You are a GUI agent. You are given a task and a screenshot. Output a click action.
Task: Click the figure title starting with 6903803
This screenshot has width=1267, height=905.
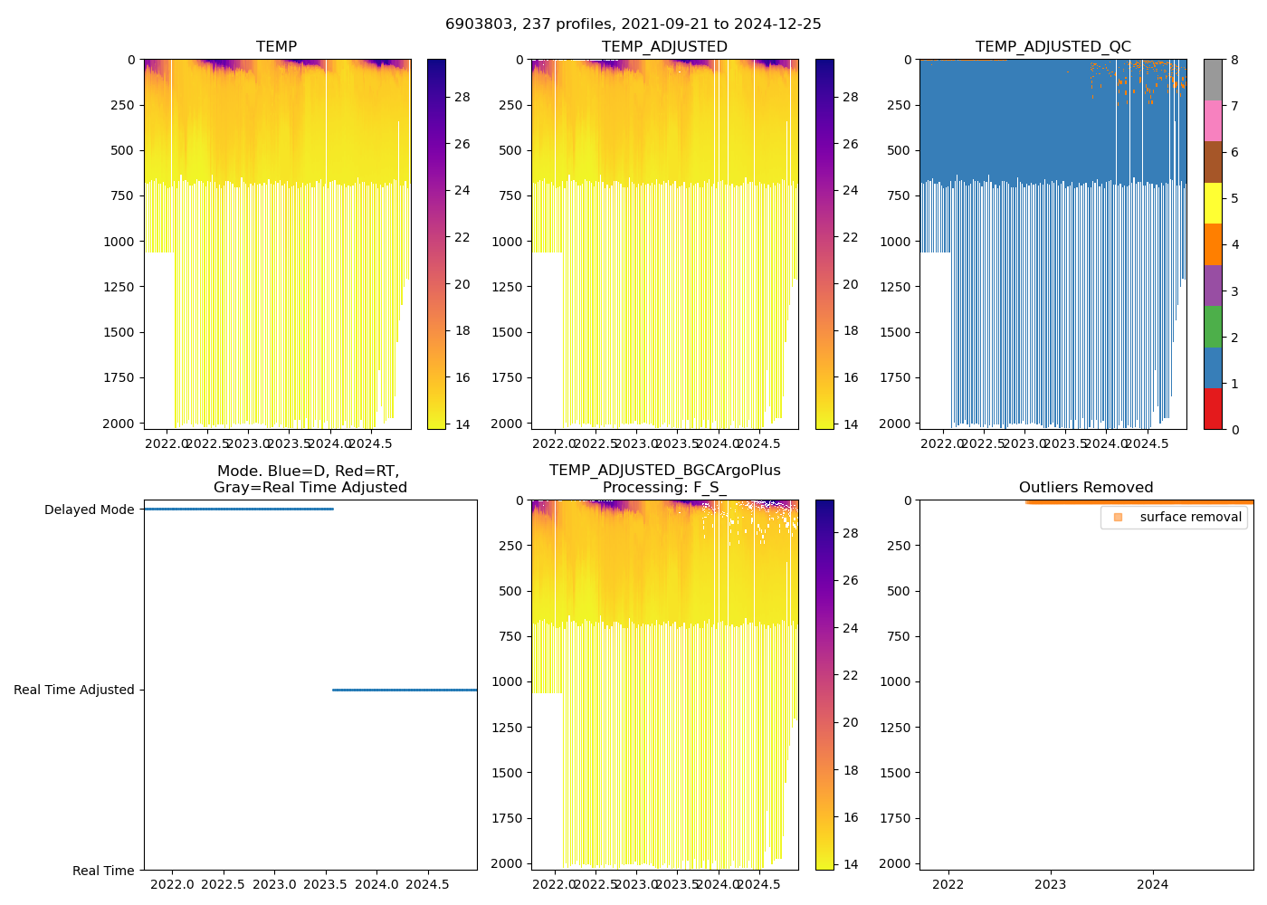[633, 24]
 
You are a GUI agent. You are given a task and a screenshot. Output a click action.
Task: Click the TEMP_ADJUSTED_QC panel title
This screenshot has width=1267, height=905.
[1053, 46]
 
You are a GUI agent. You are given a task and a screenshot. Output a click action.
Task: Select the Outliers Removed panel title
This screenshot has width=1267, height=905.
[1085, 487]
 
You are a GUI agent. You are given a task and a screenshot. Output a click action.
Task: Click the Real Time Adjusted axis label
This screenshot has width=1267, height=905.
[73, 690]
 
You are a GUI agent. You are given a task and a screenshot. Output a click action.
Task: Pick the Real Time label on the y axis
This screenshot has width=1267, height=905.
[103, 871]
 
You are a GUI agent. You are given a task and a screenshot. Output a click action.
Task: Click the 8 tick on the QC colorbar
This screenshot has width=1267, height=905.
[1234, 60]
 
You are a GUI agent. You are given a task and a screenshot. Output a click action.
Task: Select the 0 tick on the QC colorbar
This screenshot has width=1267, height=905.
[1234, 429]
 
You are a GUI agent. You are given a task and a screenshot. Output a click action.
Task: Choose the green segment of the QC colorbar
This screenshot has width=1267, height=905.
[1213, 327]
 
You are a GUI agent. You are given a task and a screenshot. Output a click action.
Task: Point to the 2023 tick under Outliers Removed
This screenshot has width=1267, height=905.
[1050, 883]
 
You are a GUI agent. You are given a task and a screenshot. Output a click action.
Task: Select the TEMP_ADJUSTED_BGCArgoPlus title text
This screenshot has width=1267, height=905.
[664, 471]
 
